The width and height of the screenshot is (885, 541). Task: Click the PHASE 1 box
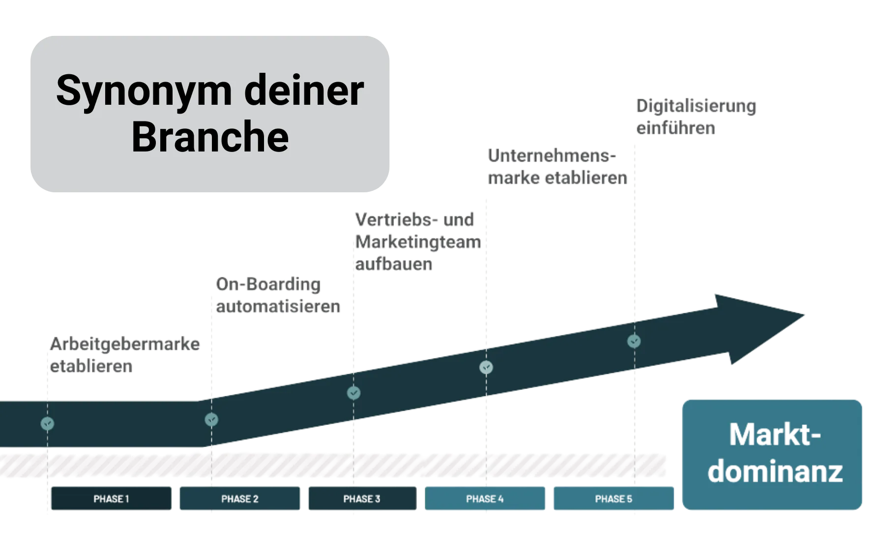click(x=111, y=499)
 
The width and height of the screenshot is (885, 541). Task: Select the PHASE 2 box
click(x=239, y=499)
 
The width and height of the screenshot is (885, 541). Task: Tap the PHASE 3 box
click(x=362, y=499)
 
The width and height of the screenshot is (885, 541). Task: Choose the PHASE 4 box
click(x=485, y=499)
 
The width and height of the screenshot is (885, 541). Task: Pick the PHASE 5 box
click(x=614, y=499)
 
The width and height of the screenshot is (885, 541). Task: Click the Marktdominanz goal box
click(x=773, y=454)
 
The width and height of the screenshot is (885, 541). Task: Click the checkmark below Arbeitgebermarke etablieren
click(x=47, y=423)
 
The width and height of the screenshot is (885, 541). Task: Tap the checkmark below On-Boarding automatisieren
click(x=211, y=420)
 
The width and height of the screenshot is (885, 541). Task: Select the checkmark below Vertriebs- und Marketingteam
click(x=354, y=393)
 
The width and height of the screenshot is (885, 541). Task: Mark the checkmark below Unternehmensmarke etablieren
click(x=486, y=367)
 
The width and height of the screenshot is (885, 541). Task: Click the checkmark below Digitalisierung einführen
click(x=634, y=341)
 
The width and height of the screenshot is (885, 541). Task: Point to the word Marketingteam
click(x=418, y=242)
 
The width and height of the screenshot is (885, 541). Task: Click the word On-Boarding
click(x=269, y=284)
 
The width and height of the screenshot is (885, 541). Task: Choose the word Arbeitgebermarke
click(x=125, y=344)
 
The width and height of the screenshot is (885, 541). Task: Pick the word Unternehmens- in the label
click(x=552, y=156)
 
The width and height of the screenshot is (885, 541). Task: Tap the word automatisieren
click(x=278, y=306)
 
